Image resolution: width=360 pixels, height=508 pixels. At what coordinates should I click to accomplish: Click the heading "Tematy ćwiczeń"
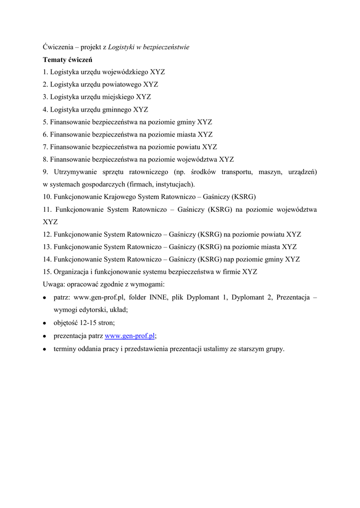click(x=63, y=60)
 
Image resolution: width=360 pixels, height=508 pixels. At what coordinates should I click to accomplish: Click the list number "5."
click(x=45, y=122)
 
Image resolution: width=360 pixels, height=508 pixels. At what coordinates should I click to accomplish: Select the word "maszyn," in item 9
click(x=273, y=172)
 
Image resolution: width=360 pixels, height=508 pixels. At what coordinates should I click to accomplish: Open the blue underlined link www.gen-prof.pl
click(x=130, y=336)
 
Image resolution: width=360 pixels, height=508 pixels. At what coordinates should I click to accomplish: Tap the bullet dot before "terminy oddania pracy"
click(x=45, y=349)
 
